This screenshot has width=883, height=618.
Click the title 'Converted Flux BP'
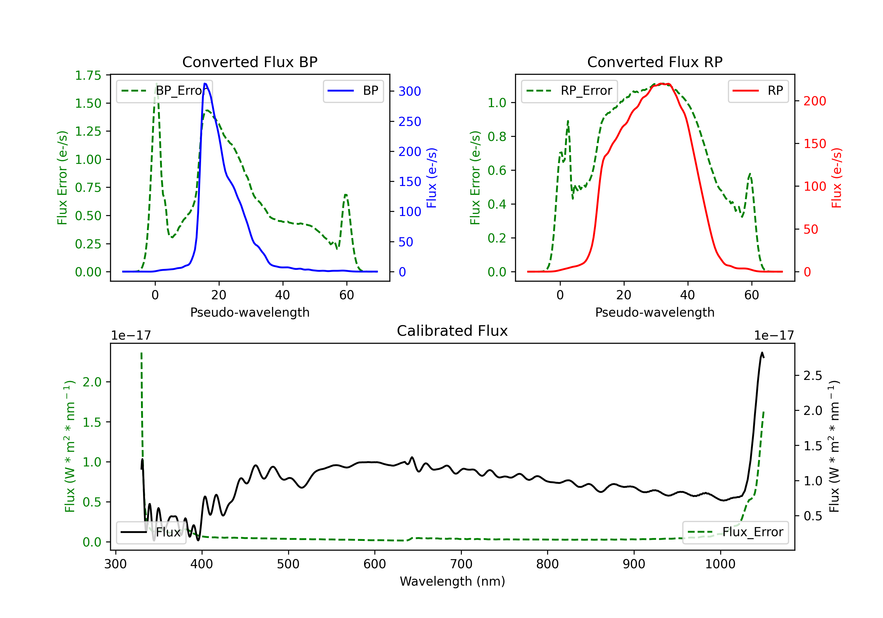[250, 62]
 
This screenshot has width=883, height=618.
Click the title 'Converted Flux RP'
[655, 62]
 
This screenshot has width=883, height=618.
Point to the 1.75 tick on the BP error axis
[88, 75]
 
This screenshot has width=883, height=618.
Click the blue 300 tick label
[410, 92]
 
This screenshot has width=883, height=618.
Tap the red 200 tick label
[814, 101]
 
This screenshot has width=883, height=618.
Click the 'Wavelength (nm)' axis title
[452, 581]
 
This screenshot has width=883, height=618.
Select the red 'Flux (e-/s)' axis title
[837, 178]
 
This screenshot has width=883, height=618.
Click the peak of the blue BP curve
[205, 84]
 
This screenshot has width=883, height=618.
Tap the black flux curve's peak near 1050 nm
[762, 353]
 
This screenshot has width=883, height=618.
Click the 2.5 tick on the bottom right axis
[813, 376]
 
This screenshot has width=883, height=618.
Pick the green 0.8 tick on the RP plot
[497, 137]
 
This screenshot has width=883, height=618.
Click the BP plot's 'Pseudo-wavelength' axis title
[250, 312]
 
